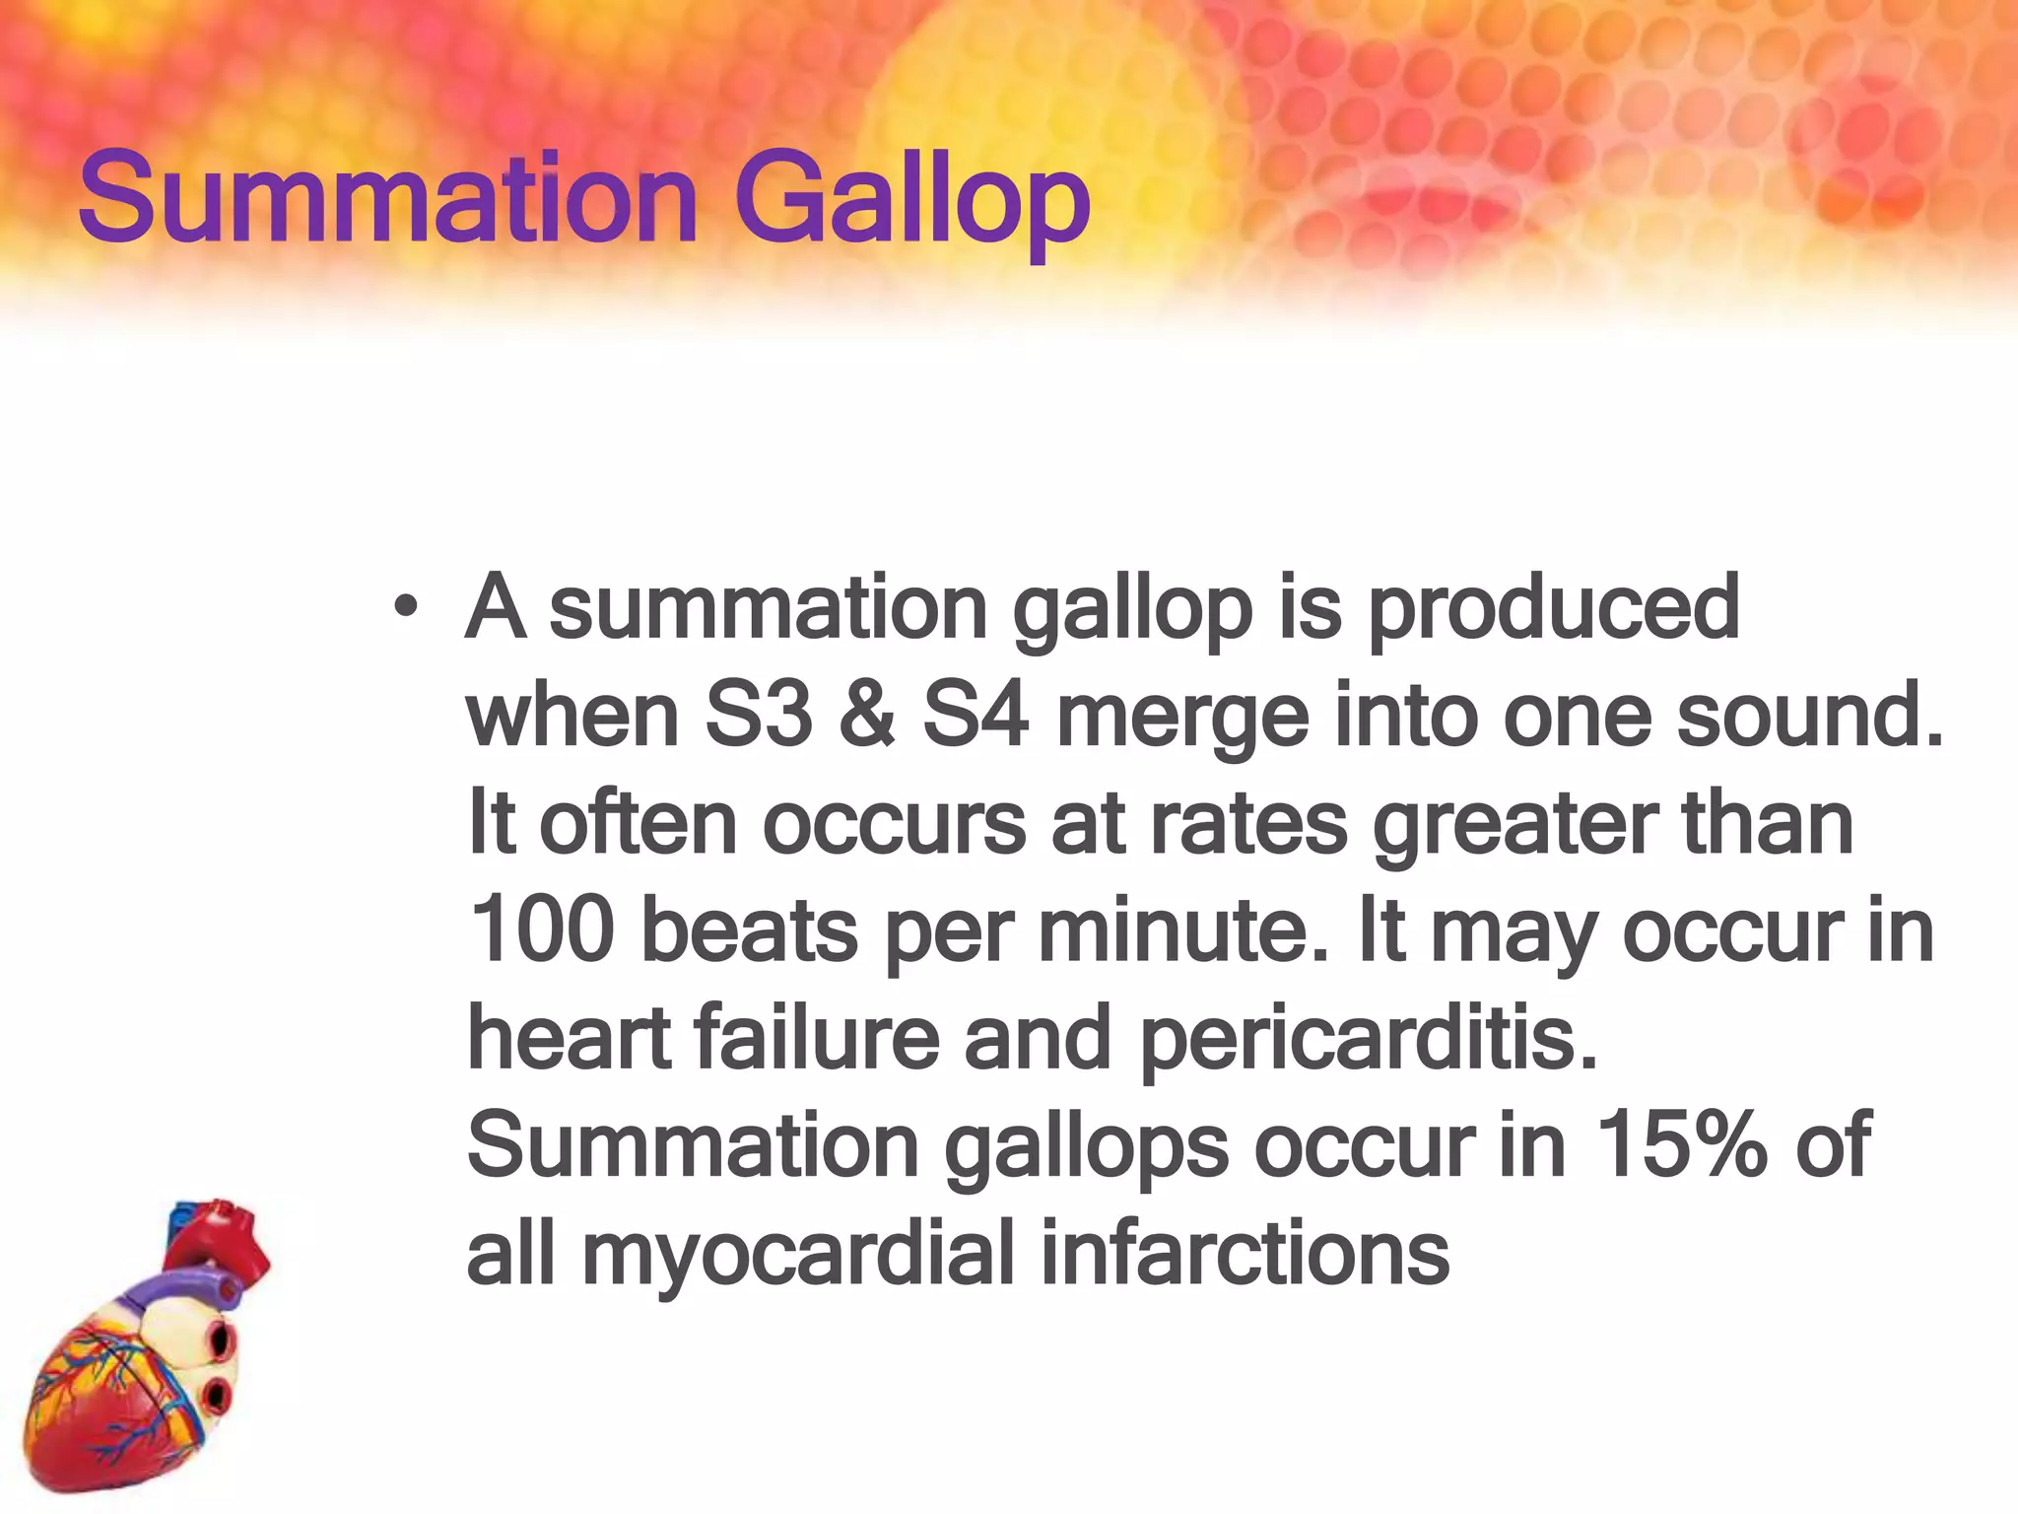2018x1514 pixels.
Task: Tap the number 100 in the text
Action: pyautogui.click(x=542, y=930)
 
